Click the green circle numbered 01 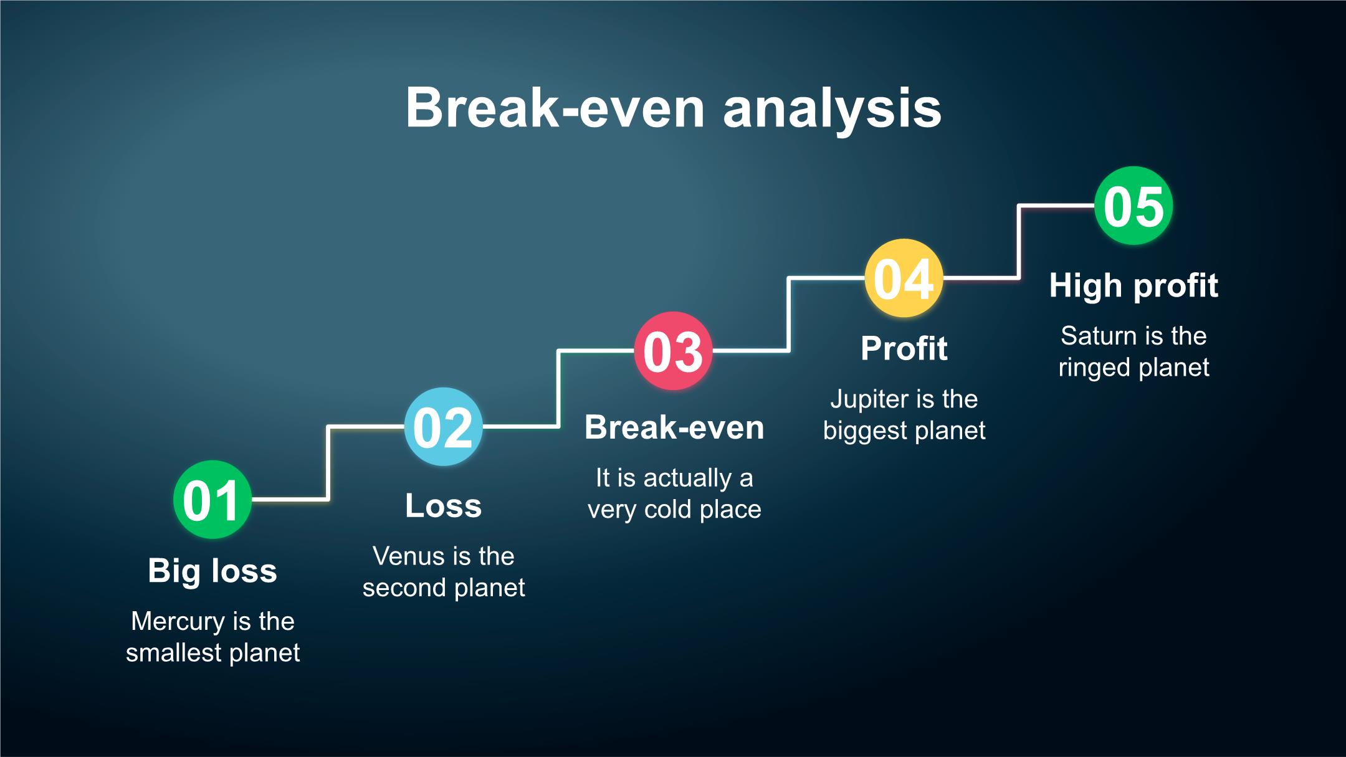pyautogui.click(x=212, y=500)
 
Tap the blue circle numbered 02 pyautogui.click(x=443, y=427)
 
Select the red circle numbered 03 pyautogui.click(x=673, y=351)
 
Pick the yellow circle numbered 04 pyautogui.click(x=904, y=278)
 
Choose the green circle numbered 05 pyautogui.click(x=1134, y=206)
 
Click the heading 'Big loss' pyautogui.click(x=212, y=571)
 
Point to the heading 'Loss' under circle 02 pyautogui.click(x=444, y=505)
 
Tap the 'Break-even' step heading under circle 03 pyautogui.click(x=674, y=427)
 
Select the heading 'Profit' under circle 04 pyautogui.click(x=904, y=348)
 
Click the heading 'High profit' pyautogui.click(x=1134, y=286)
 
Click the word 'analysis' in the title pyautogui.click(x=832, y=109)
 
